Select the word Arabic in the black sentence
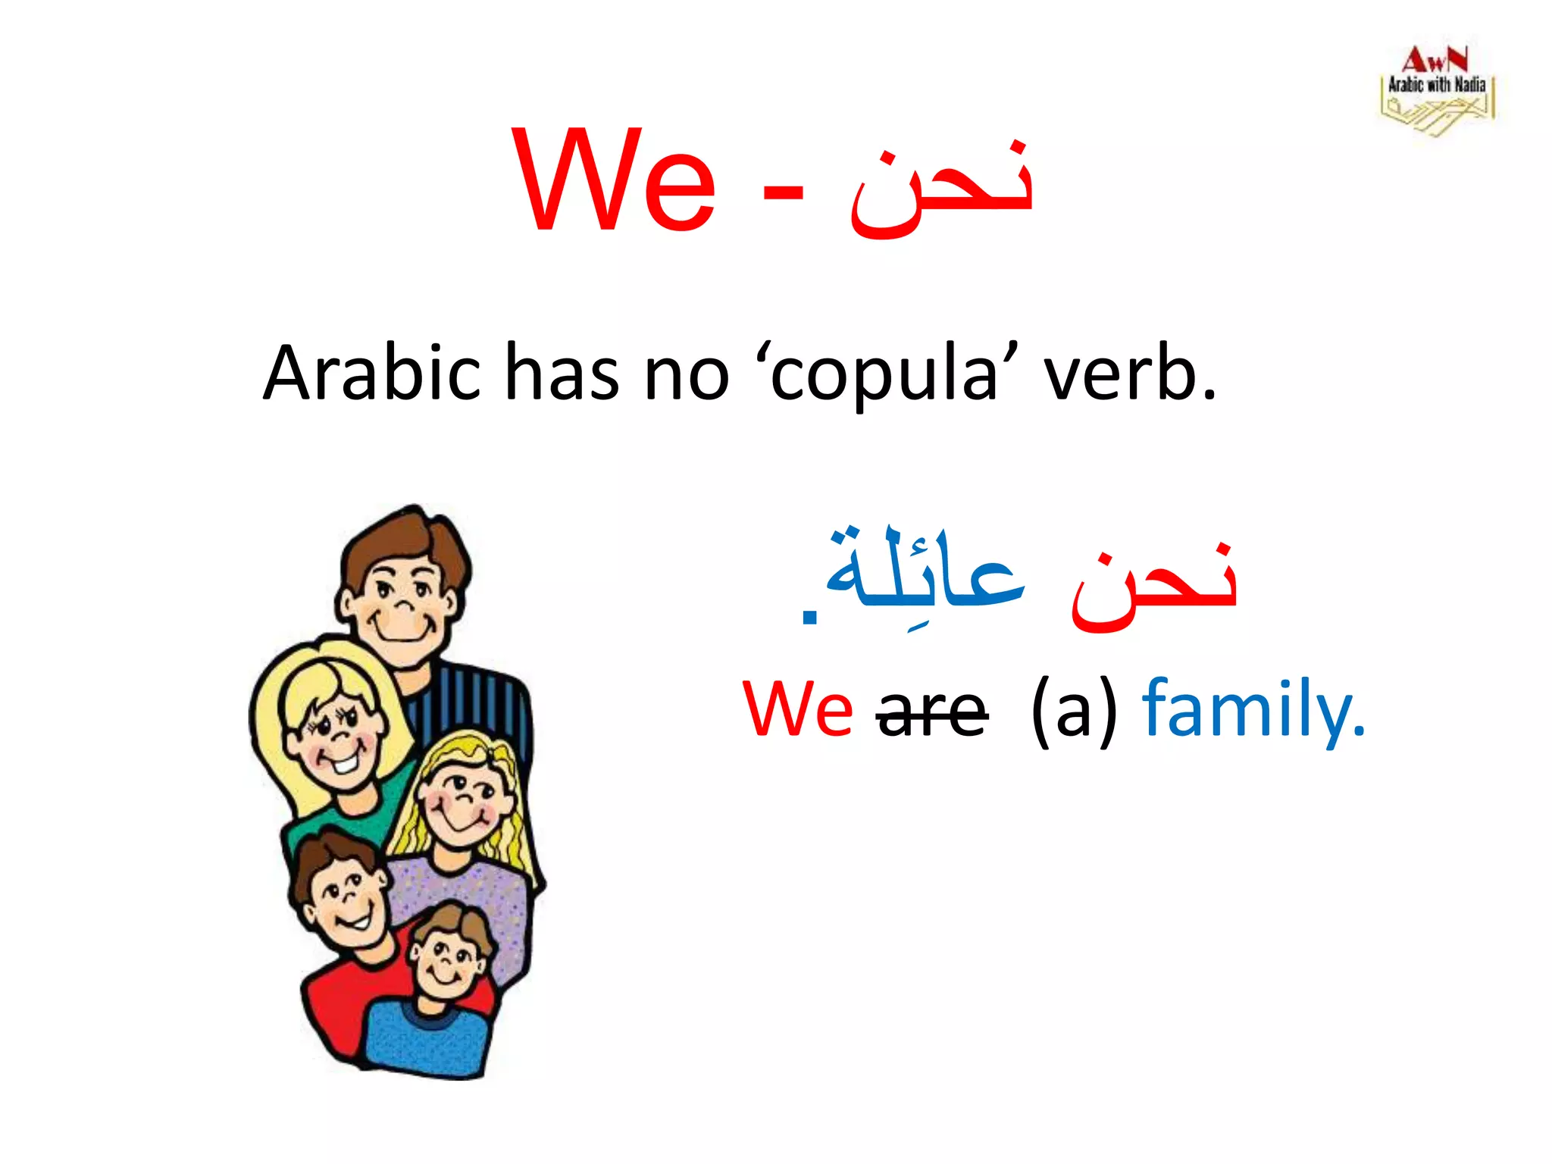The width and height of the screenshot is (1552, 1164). coord(372,373)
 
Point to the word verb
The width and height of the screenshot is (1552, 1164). coord(1128,373)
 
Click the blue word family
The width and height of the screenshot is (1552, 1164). coord(1253,709)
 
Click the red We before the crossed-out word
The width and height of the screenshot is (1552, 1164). coord(797,709)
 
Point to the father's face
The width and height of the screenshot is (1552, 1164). coord(402,599)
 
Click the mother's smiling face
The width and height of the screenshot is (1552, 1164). coord(333,731)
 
